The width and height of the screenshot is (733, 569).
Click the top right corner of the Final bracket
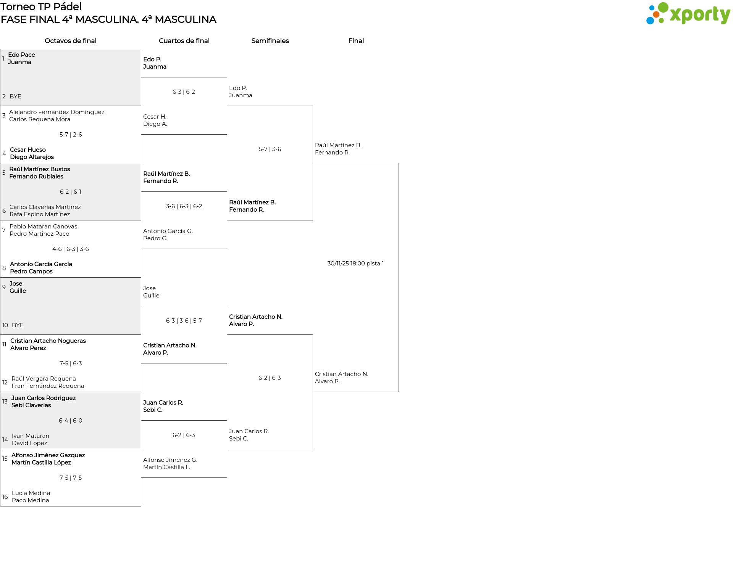pos(399,163)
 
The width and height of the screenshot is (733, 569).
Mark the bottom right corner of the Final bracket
pos(399,392)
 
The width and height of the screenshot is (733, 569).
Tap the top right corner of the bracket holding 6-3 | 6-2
pos(227,77)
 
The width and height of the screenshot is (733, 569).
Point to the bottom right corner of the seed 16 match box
pos(141,506)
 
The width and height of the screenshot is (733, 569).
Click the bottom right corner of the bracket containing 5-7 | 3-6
pos(313,220)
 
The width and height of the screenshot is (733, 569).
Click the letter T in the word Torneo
pos(4,7)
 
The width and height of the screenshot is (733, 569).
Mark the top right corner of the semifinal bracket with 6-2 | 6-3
pos(313,335)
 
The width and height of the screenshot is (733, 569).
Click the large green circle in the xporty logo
pos(663,7)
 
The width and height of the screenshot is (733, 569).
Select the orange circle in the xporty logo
pos(656,14)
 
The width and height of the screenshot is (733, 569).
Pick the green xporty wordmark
pos(700,15)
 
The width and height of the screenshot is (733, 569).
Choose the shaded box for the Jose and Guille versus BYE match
pos(71,306)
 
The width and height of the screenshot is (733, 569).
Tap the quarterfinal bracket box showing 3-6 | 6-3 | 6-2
pos(184,220)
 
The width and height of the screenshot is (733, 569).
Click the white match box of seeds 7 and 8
pos(71,249)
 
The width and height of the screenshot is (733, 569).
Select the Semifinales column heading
pos(270,41)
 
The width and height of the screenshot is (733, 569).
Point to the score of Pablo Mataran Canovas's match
pos(71,249)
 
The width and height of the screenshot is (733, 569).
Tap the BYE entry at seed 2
pos(15,96)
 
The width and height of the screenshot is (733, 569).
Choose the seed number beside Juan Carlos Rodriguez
pos(5,402)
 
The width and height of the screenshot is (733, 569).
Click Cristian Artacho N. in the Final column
pos(342,374)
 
